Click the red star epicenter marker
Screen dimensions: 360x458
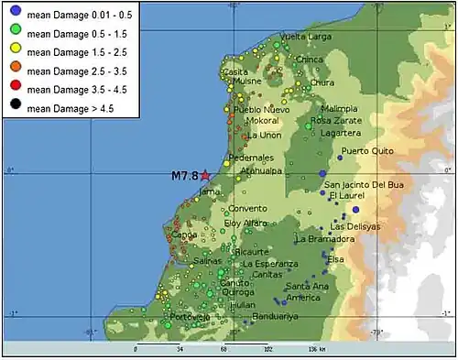click(x=206, y=174)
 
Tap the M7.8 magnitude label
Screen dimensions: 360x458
click(x=184, y=175)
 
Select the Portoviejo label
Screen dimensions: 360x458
click(x=190, y=317)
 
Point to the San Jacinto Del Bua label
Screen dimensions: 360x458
click(x=364, y=184)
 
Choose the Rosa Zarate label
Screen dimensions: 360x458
click(x=335, y=120)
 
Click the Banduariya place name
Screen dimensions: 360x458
click(x=275, y=317)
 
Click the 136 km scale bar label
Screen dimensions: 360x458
click(x=318, y=349)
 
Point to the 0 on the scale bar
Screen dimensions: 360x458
click(x=136, y=349)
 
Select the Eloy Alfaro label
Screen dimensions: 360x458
click(x=245, y=223)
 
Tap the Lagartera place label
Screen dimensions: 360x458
click(x=341, y=133)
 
